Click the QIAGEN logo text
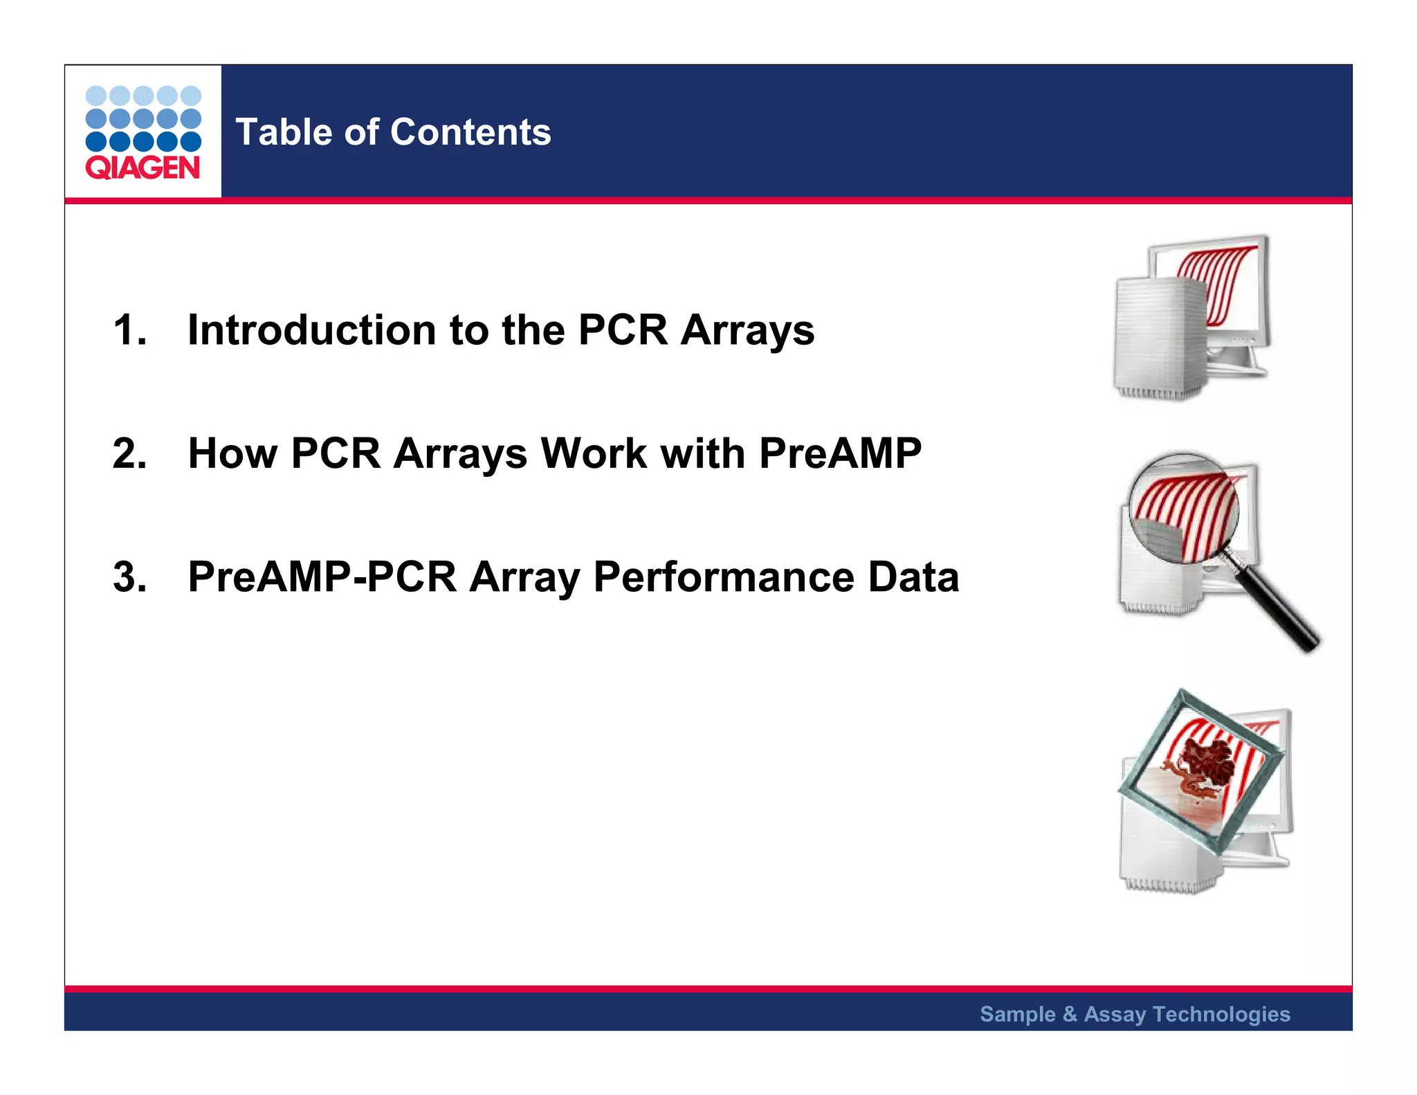tap(143, 168)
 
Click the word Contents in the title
tap(470, 132)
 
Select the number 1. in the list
tap(130, 329)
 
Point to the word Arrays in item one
tap(747, 331)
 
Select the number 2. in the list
tap(130, 453)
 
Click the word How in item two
tap(232, 453)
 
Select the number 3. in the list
tap(130, 577)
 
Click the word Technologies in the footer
tap(1221, 1014)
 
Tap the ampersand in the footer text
tap(1070, 1014)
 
